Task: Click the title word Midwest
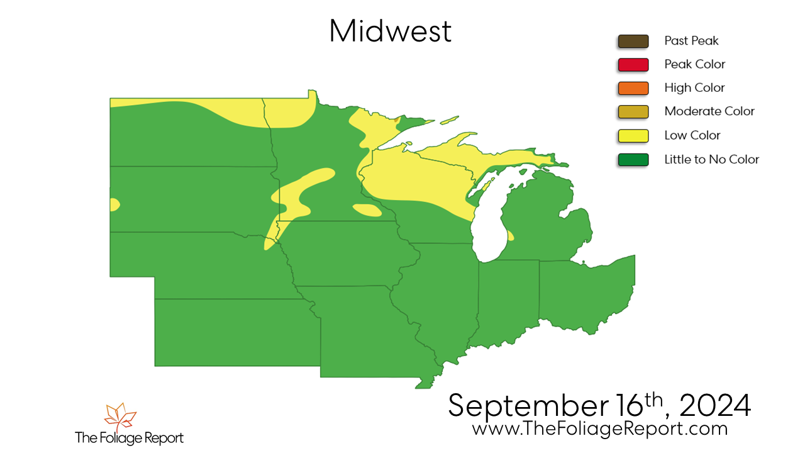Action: point(390,31)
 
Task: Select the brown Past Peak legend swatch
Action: point(633,41)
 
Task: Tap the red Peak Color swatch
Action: point(633,64)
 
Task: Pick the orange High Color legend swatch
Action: point(633,88)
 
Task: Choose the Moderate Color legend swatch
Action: point(633,111)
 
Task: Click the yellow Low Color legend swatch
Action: point(633,135)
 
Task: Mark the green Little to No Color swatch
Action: point(633,159)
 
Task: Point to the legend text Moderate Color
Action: point(709,111)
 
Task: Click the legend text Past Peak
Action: point(691,41)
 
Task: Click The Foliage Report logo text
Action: point(129,437)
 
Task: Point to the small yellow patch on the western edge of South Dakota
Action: point(114,204)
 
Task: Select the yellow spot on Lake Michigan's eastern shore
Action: point(510,237)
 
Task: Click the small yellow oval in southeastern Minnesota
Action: point(367,210)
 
